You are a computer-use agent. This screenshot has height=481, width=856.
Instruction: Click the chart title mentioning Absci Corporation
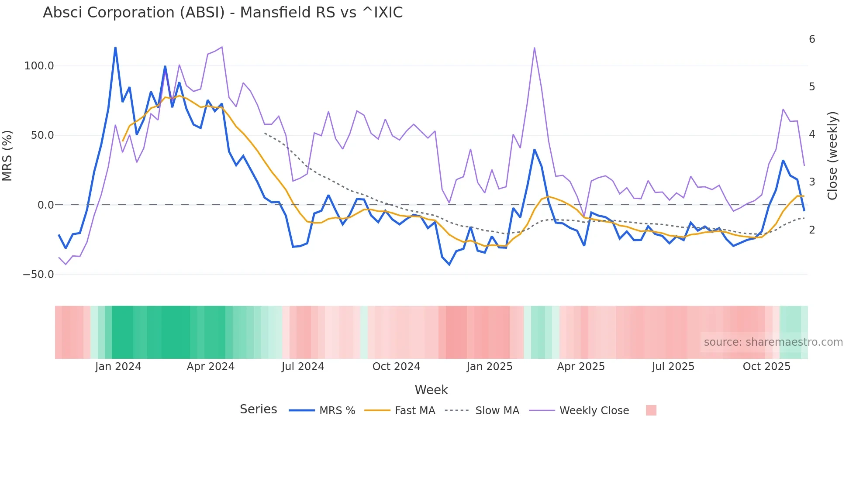(223, 13)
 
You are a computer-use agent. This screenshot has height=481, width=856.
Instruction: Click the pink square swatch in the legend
(651, 410)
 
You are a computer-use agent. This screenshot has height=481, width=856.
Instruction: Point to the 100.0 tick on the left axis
(39, 66)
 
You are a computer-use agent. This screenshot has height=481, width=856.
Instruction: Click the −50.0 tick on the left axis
(38, 275)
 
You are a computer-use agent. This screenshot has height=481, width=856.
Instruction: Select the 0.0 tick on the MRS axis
(45, 205)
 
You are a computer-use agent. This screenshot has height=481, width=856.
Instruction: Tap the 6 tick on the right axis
(812, 39)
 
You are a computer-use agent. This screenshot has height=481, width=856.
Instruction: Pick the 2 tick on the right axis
(812, 230)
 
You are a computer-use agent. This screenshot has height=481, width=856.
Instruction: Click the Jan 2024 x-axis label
(118, 367)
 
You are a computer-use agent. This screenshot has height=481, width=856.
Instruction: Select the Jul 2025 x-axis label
(673, 367)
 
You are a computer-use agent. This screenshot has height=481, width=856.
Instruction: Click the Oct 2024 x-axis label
(396, 367)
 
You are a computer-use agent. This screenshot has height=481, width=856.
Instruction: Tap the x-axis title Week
(431, 390)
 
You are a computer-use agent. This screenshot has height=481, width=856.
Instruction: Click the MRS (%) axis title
(7, 156)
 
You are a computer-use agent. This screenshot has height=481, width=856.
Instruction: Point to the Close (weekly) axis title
(832, 156)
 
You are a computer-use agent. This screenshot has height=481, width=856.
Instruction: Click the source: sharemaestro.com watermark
(773, 342)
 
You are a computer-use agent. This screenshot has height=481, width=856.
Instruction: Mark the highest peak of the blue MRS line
(115, 47)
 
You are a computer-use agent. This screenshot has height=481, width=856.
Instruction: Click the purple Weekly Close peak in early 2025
(534, 48)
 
